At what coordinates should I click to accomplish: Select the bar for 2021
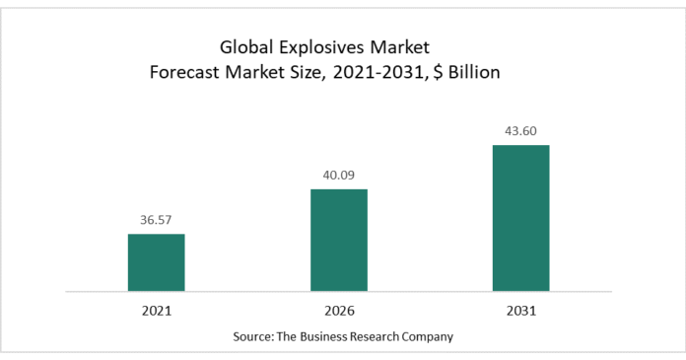point(157,262)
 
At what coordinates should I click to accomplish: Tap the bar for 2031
point(521,218)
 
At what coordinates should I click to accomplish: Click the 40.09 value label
point(339,176)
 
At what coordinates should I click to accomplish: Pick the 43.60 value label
point(521,131)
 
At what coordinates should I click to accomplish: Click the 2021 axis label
point(157,311)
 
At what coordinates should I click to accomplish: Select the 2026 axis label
point(339,311)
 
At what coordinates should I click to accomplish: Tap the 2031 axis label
point(521,311)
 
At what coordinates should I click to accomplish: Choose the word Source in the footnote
point(254,336)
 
